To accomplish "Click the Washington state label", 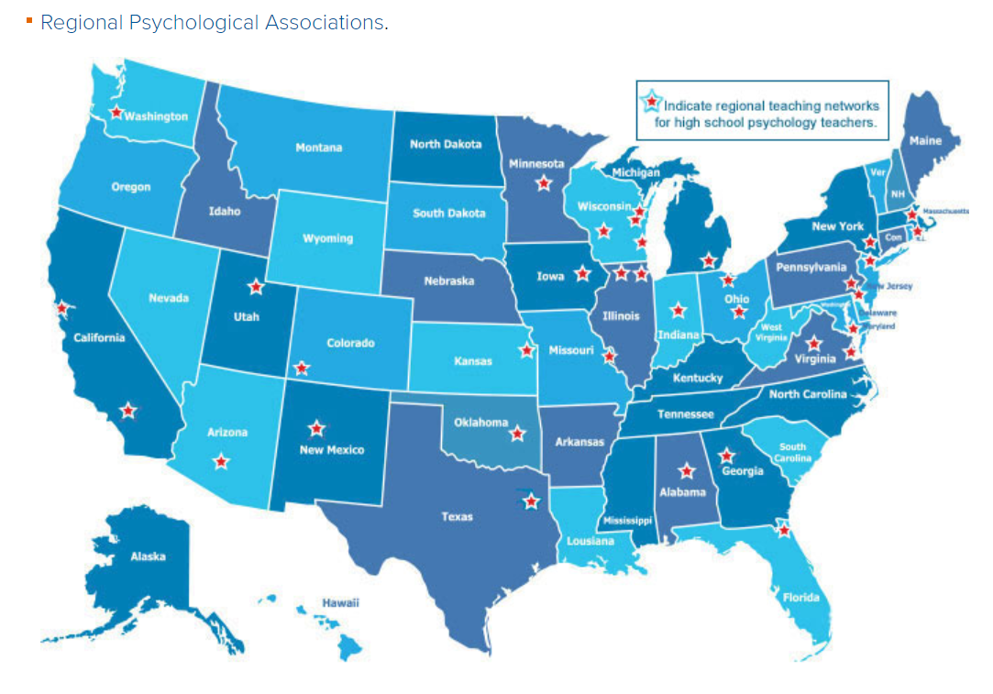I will coord(156,116).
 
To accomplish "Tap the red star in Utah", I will coord(256,287).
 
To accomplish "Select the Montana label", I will coord(318,148).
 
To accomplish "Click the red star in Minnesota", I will coord(544,183).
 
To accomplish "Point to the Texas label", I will coord(457,517).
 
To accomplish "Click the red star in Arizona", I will coord(220,462).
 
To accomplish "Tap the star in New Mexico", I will coord(316,428).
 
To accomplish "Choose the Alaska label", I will coord(148,556).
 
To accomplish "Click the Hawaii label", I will coord(340,602).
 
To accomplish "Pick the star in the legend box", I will coord(653,102).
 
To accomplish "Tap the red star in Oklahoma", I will coord(519,429).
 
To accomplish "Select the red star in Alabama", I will coord(686,472).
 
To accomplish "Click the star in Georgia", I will coord(727,456).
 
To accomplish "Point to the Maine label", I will coord(925,141).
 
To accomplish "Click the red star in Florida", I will coord(783,529).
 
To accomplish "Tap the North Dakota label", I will coord(445,144).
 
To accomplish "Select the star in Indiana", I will coord(679,311).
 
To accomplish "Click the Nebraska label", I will coord(449,281).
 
